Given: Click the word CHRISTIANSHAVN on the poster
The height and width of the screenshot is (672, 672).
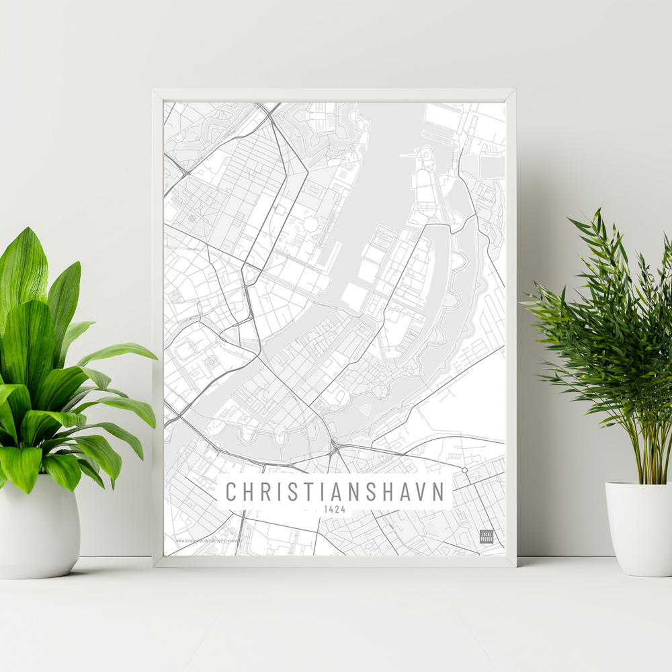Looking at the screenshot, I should pyautogui.click(x=335, y=492).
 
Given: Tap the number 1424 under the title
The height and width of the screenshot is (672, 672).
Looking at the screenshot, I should pyautogui.click(x=335, y=509).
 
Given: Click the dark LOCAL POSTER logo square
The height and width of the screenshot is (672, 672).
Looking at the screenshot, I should pyautogui.click(x=486, y=536).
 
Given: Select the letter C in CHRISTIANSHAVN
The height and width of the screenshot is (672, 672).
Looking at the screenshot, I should pyautogui.click(x=230, y=492).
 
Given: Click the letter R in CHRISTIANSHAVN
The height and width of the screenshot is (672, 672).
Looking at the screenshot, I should pyautogui.click(x=265, y=492).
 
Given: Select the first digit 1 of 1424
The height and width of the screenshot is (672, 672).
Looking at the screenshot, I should pyautogui.click(x=326, y=509).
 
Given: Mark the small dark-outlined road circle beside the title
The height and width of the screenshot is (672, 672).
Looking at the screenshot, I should pyautogui.click(x=464, y=470).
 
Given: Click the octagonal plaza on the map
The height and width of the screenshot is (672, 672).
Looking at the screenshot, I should pyautogui.click(x=310, y=222).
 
